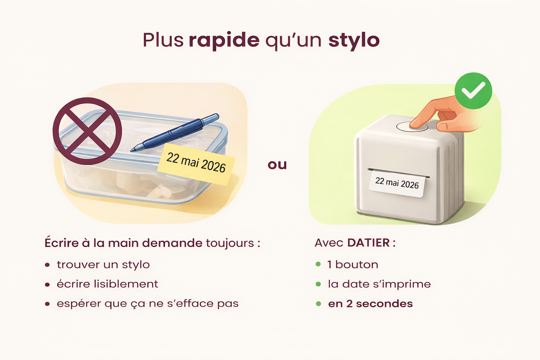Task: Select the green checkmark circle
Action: pyautogui.click(x=473, y=91)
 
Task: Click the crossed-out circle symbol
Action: pyautogui.click(x=87, y=131)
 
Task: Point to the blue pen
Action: pyautogui.click(x=175, y=132)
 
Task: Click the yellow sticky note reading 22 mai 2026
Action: pyautogui.click(x=196, y=165)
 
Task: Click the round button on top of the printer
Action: pyautogui.click(x=412, y=127)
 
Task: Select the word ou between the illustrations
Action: pyautogui.click(x=277, y=165)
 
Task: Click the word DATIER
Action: pyautogui.click(x=368, y=243)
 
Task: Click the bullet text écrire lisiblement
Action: pyautogui.click(x=108, y=284)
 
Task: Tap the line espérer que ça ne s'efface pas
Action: pyautogui.click(x=148, y=304)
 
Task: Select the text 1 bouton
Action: pyautogui.click(x=353, y=265)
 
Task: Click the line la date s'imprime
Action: pyautogui.click(x=379, y=284)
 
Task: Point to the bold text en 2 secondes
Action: pyautogui.click(x=371, y=304)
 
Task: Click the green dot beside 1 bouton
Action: pyautogui.click(x=318, y=264)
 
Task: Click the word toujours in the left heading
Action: pyautogui.click(x=230, y=243)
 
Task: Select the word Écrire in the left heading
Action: pyautogui.click(x=62, y=242)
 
